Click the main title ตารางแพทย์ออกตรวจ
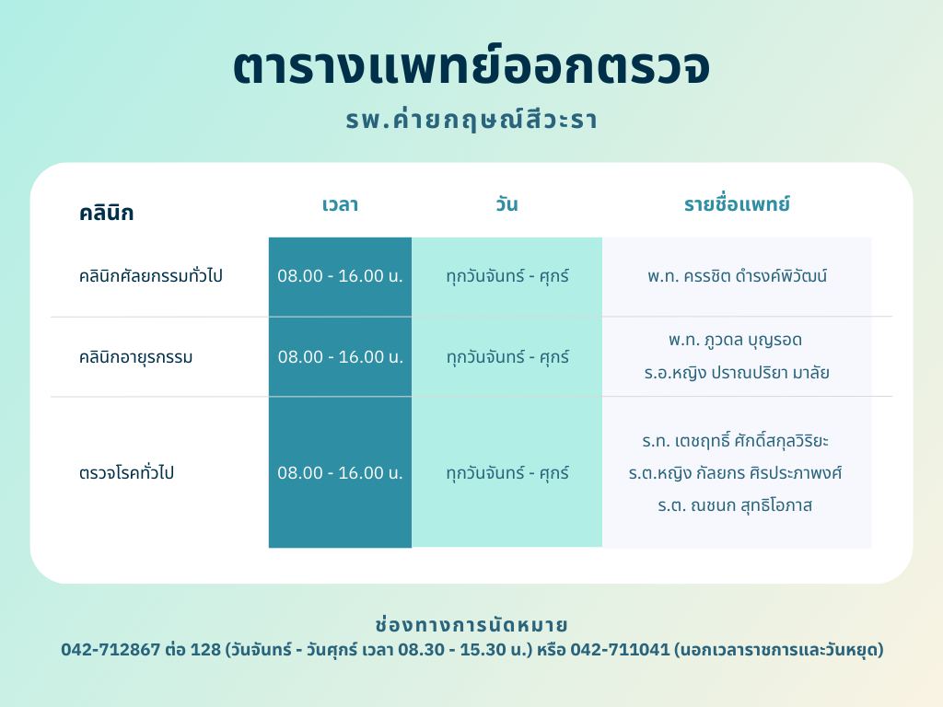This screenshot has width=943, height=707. click(471, 66)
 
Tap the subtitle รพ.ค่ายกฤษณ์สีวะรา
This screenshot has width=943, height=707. click(471, 119)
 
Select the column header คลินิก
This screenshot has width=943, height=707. click(107, 213)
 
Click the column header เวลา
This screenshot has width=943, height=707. click(341, 204)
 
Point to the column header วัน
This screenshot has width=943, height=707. click(507, 203)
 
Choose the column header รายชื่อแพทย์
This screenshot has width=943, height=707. click(737, 203)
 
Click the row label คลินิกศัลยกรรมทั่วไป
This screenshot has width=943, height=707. click(151, 275)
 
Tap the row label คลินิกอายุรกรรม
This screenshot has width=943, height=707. click(136, 357)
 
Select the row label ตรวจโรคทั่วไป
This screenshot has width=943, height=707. click(126, 472)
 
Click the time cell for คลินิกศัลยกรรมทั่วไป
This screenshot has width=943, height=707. click(340, 276)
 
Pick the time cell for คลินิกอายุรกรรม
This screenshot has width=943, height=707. click(340, 357)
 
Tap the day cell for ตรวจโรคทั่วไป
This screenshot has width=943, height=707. click(507, 473)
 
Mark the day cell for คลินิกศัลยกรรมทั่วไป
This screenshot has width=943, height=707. click(507, 276)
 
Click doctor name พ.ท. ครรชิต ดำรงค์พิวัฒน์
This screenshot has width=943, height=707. click(738, 276)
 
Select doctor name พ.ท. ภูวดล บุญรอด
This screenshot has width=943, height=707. click(736, 341)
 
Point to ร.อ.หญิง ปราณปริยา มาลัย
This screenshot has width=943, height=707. click(737, 373)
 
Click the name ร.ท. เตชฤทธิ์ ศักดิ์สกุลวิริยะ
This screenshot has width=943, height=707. click(736, 441)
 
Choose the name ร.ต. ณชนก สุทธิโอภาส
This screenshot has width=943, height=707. click(735, 505)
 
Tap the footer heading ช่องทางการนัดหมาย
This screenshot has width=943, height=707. click(471, 625)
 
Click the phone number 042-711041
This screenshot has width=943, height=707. click(620, 650)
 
